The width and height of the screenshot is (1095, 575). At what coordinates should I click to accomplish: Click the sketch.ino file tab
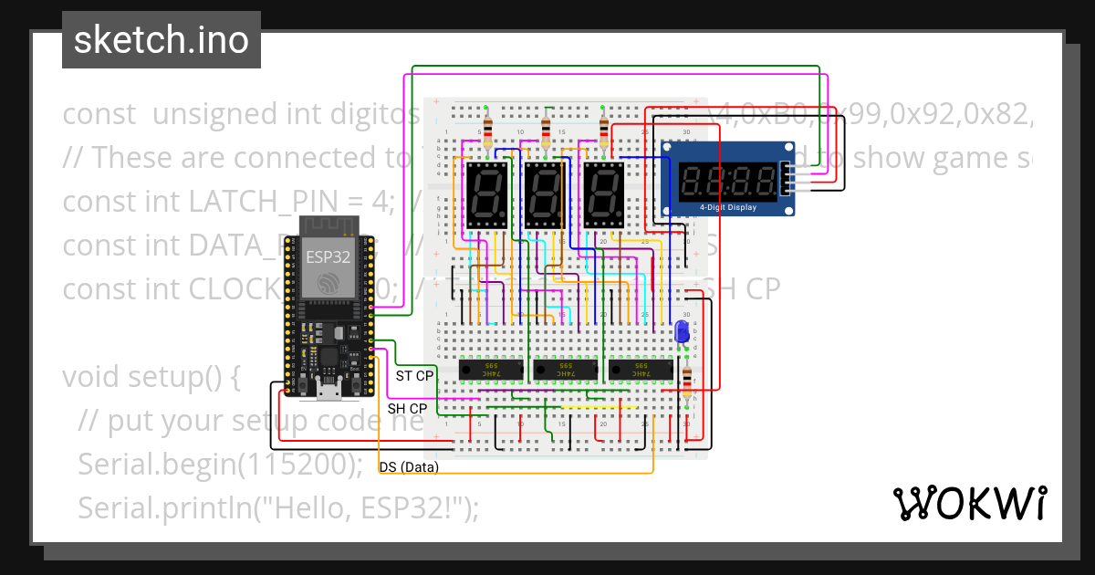click(x=161, y=40)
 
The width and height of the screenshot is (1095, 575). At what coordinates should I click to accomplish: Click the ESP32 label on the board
click(x=328, y=256)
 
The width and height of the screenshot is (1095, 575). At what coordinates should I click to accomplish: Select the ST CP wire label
click(x=414, y=376)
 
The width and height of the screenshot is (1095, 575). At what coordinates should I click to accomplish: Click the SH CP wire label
click(x=407, y=409)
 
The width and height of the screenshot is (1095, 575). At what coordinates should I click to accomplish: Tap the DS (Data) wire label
click(x=409, y=467)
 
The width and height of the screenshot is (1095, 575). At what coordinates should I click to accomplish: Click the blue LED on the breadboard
click(x=681, y=333)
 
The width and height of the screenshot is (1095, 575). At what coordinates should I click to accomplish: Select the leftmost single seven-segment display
click(x=486, y=196)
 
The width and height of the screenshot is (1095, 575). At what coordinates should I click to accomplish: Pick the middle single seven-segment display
click(x=546, y=196)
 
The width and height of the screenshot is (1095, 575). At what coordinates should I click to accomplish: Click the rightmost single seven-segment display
click(x=604, y=196)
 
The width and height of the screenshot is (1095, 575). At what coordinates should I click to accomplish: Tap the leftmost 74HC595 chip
click(x=490, y=371)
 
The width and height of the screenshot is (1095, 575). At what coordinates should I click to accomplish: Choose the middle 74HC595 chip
click(x=564, y=371)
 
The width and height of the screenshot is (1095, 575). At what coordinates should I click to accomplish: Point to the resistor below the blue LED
click(x=686, y=378)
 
